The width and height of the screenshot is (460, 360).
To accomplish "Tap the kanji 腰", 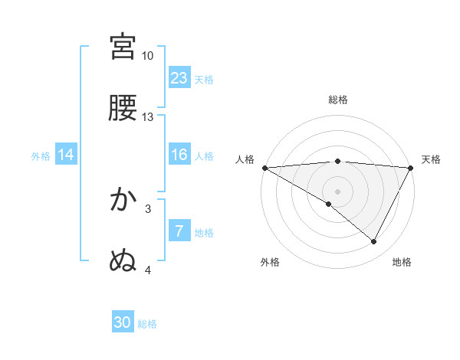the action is click(x=123, y=108).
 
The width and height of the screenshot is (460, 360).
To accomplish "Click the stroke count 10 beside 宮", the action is click(x=148, y=56).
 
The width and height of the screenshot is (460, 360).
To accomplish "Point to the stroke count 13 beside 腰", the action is click(x=148, y=117).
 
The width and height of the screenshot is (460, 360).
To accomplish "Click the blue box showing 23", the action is click(x=179, y=77).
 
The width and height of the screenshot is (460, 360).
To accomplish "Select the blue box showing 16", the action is click(x=179, y=155).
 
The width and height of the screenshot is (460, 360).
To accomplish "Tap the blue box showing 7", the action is click(x=179, y=231).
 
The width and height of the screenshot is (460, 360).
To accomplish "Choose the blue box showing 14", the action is click(x=66, y=155).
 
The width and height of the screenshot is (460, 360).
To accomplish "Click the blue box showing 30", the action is click(x=123, y=322).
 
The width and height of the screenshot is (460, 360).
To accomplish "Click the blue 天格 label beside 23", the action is click(x=204, y=79).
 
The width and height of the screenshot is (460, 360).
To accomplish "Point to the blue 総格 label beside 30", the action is click(x=147, y=324).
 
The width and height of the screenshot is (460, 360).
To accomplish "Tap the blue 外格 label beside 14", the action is click(x=41, y=156).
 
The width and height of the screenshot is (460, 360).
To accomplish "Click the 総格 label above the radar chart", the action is click(x=338, y=100).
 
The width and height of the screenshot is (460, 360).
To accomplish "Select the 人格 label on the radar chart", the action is click(x=245, y=159).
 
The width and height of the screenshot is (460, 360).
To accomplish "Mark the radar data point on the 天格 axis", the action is click(x=411, y=168).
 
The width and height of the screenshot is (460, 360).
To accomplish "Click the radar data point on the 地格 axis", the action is click(x=374, y=241).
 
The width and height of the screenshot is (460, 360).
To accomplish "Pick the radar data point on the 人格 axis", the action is click(x=264, y=168).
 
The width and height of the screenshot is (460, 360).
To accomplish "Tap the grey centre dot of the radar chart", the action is click(x=338, y=191).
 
